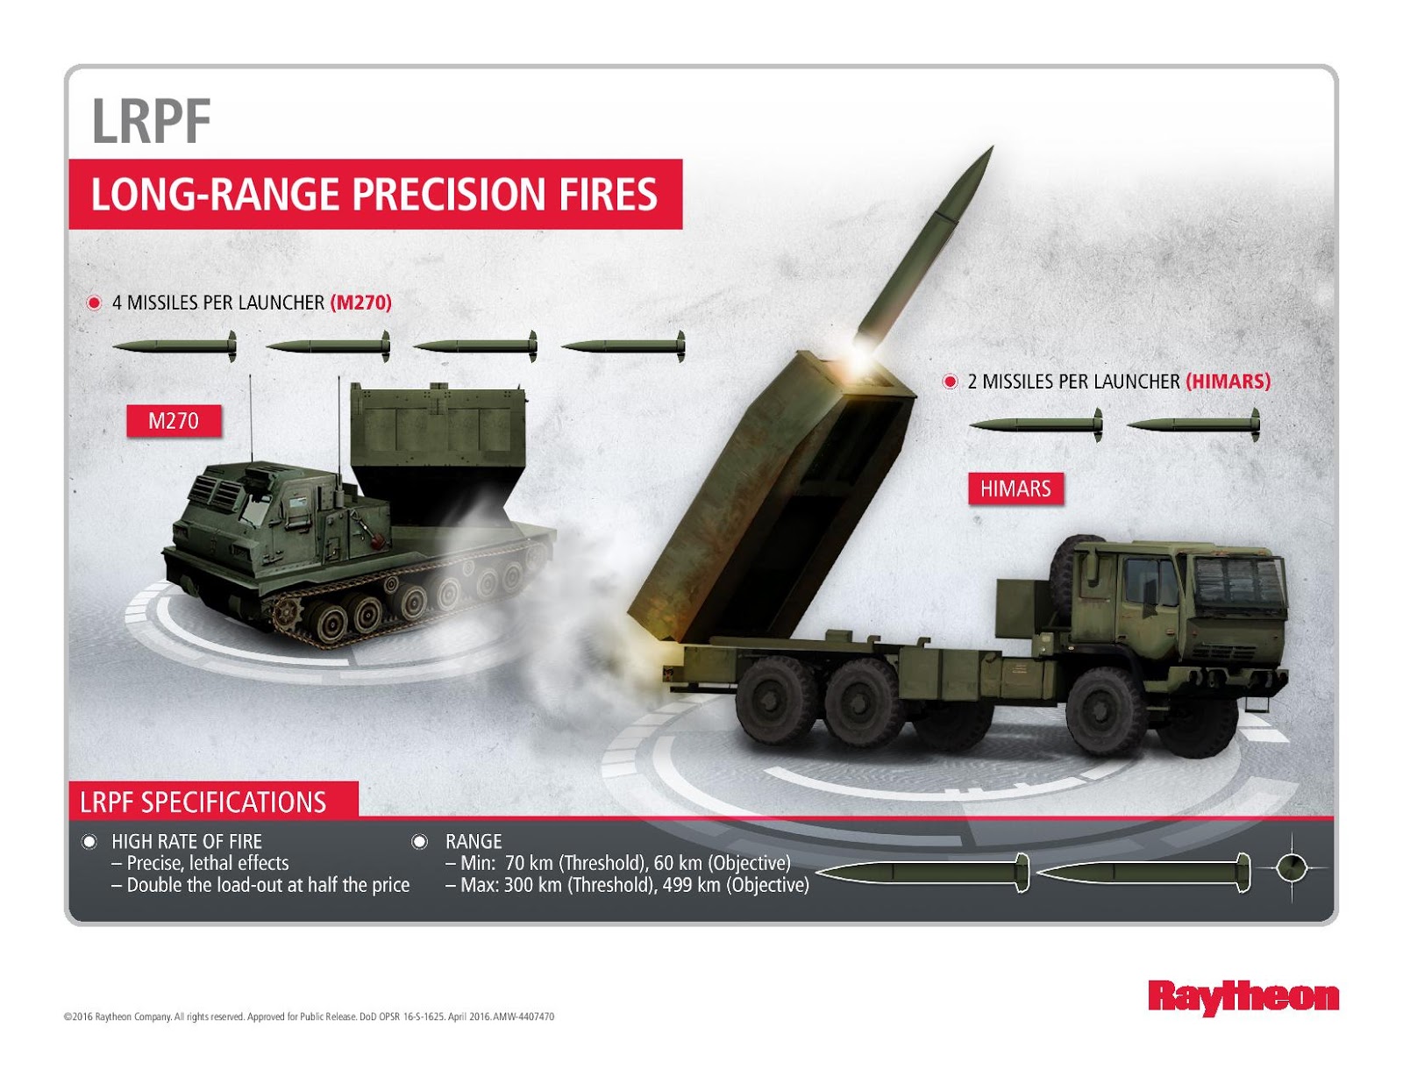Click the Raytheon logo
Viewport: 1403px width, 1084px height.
coord(1243,997)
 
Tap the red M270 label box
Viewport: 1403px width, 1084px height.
coord(173,421)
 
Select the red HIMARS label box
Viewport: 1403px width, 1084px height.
coord(1015,489)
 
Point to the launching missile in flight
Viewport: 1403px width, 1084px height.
coord(929,237)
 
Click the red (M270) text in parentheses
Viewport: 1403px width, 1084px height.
coord(360,303)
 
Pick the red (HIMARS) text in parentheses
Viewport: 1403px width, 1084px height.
coord(1228,382)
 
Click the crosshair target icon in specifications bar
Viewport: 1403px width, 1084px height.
coord(1291,868)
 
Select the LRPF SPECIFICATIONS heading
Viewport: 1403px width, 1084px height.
coord(203,802)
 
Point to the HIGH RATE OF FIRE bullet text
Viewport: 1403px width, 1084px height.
coord(187,841)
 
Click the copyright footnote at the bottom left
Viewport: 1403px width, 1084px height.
coord(309,1017)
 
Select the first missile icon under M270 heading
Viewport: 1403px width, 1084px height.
coord(174,347)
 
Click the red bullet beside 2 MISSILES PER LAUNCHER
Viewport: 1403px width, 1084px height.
coord(949,382)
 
